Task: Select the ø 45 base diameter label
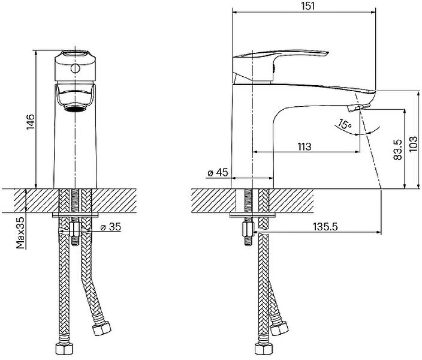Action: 217,173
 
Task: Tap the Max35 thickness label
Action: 20,233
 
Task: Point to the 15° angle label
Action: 344,125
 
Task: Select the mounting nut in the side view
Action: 246,229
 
